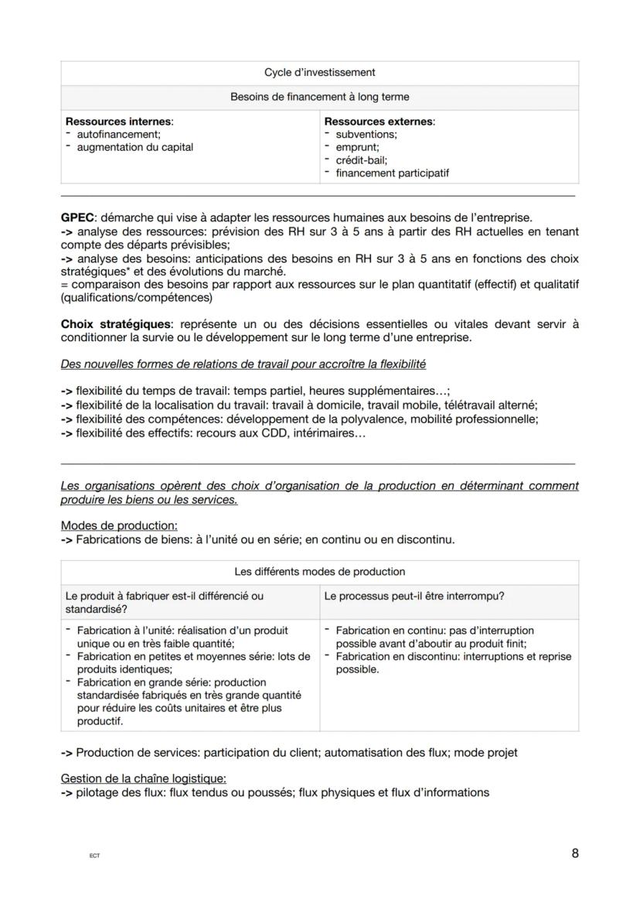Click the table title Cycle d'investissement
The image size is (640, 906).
coord(319,73)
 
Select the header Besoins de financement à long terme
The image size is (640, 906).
coord(319,97)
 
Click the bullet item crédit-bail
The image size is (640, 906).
coord(361,160)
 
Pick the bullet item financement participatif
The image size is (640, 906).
coord(392,173)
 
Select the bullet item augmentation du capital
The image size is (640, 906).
coord(135,147)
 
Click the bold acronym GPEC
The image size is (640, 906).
coord(77,217)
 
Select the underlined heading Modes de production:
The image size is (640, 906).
coord(119,525)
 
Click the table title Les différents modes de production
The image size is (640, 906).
coord(319,573)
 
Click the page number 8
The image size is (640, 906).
coord(575,854)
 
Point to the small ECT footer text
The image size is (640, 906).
coord(94,856)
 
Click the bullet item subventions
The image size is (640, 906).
coord(366,135)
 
